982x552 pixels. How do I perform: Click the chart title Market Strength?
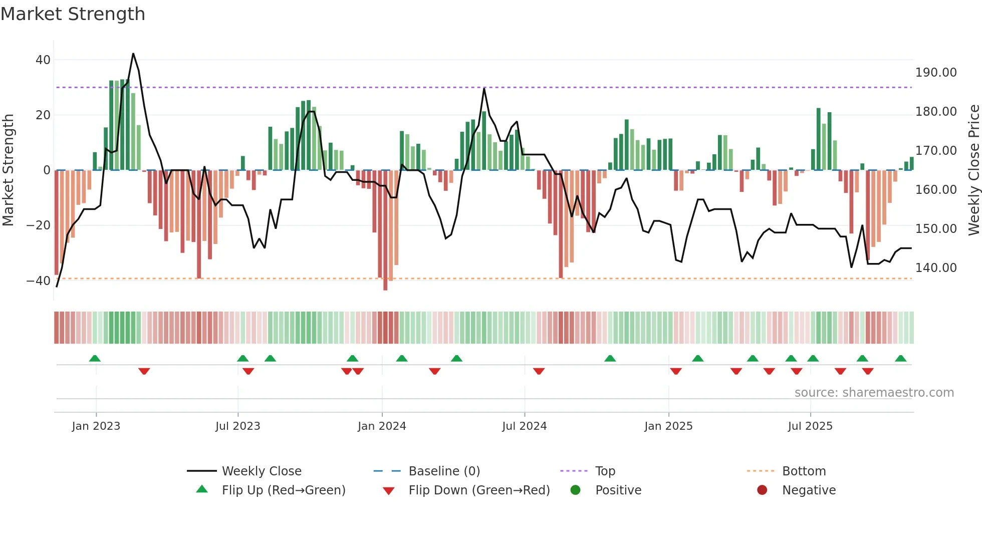[x=73, y=14]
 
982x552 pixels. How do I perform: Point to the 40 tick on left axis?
[x=43, y=60]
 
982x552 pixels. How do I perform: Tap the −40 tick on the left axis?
[x=39, y=281]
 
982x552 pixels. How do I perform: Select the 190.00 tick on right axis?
[x=935, y=73]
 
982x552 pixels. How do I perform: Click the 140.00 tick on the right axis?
[x=935, y=268]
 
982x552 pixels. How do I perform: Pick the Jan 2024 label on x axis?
[x=382, y=426]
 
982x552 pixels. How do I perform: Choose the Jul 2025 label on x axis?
[x=810, y=426]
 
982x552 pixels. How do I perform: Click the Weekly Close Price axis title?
[x=973, y=170]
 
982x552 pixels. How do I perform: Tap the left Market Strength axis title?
[x=9, y=170]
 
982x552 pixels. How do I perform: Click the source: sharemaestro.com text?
[x=874, y=393]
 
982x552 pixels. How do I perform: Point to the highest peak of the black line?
[x=133, y=54]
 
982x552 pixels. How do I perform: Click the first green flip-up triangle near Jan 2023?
[x=95, y=358]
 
